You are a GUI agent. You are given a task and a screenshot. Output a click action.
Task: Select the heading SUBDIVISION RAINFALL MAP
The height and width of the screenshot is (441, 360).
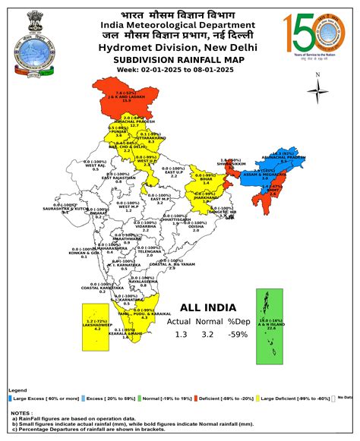point(179,58)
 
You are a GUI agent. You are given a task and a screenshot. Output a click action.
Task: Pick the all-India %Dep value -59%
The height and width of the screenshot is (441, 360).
point(238,335)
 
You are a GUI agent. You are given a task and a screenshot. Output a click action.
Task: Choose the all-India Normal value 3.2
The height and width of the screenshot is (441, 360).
point(207,335)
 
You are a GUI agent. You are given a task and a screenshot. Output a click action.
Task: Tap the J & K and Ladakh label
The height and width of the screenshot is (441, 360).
point(125,96)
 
